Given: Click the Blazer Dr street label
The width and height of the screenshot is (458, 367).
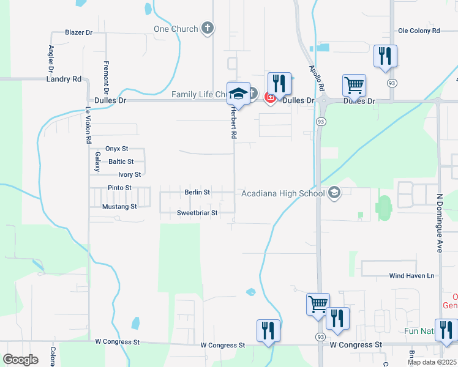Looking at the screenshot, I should [78, 32].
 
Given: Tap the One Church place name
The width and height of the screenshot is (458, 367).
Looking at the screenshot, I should [176, 29].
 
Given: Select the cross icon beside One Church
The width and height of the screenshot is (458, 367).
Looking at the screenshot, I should [208, 28].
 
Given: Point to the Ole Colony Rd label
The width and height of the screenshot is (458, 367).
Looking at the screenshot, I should [419, 30].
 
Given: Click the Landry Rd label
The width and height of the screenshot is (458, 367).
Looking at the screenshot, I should [64, 79].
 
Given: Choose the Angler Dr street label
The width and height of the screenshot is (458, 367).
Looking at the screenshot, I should [51, 59].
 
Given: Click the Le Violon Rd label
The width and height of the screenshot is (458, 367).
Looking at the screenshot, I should [88, 126].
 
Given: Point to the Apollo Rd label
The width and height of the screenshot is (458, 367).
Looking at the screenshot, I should [317, 78].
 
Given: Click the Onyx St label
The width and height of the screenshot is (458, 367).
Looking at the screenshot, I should [116, 149].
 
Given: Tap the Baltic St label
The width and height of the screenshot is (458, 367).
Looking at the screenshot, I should [121, 161].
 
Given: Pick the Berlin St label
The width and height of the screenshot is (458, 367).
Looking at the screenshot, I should [197, 192].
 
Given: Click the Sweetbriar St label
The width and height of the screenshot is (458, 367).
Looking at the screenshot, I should [197, 213].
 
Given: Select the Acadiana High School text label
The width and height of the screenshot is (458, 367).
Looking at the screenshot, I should [282, 193].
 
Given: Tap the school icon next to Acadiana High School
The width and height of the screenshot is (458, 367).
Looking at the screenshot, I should [334, 193].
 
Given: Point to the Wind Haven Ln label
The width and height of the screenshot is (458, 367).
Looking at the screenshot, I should [411, 276].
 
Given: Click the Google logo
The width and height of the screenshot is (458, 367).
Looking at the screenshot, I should [20, 360].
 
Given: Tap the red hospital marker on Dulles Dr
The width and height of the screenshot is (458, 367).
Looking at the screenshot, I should [268, 97].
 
